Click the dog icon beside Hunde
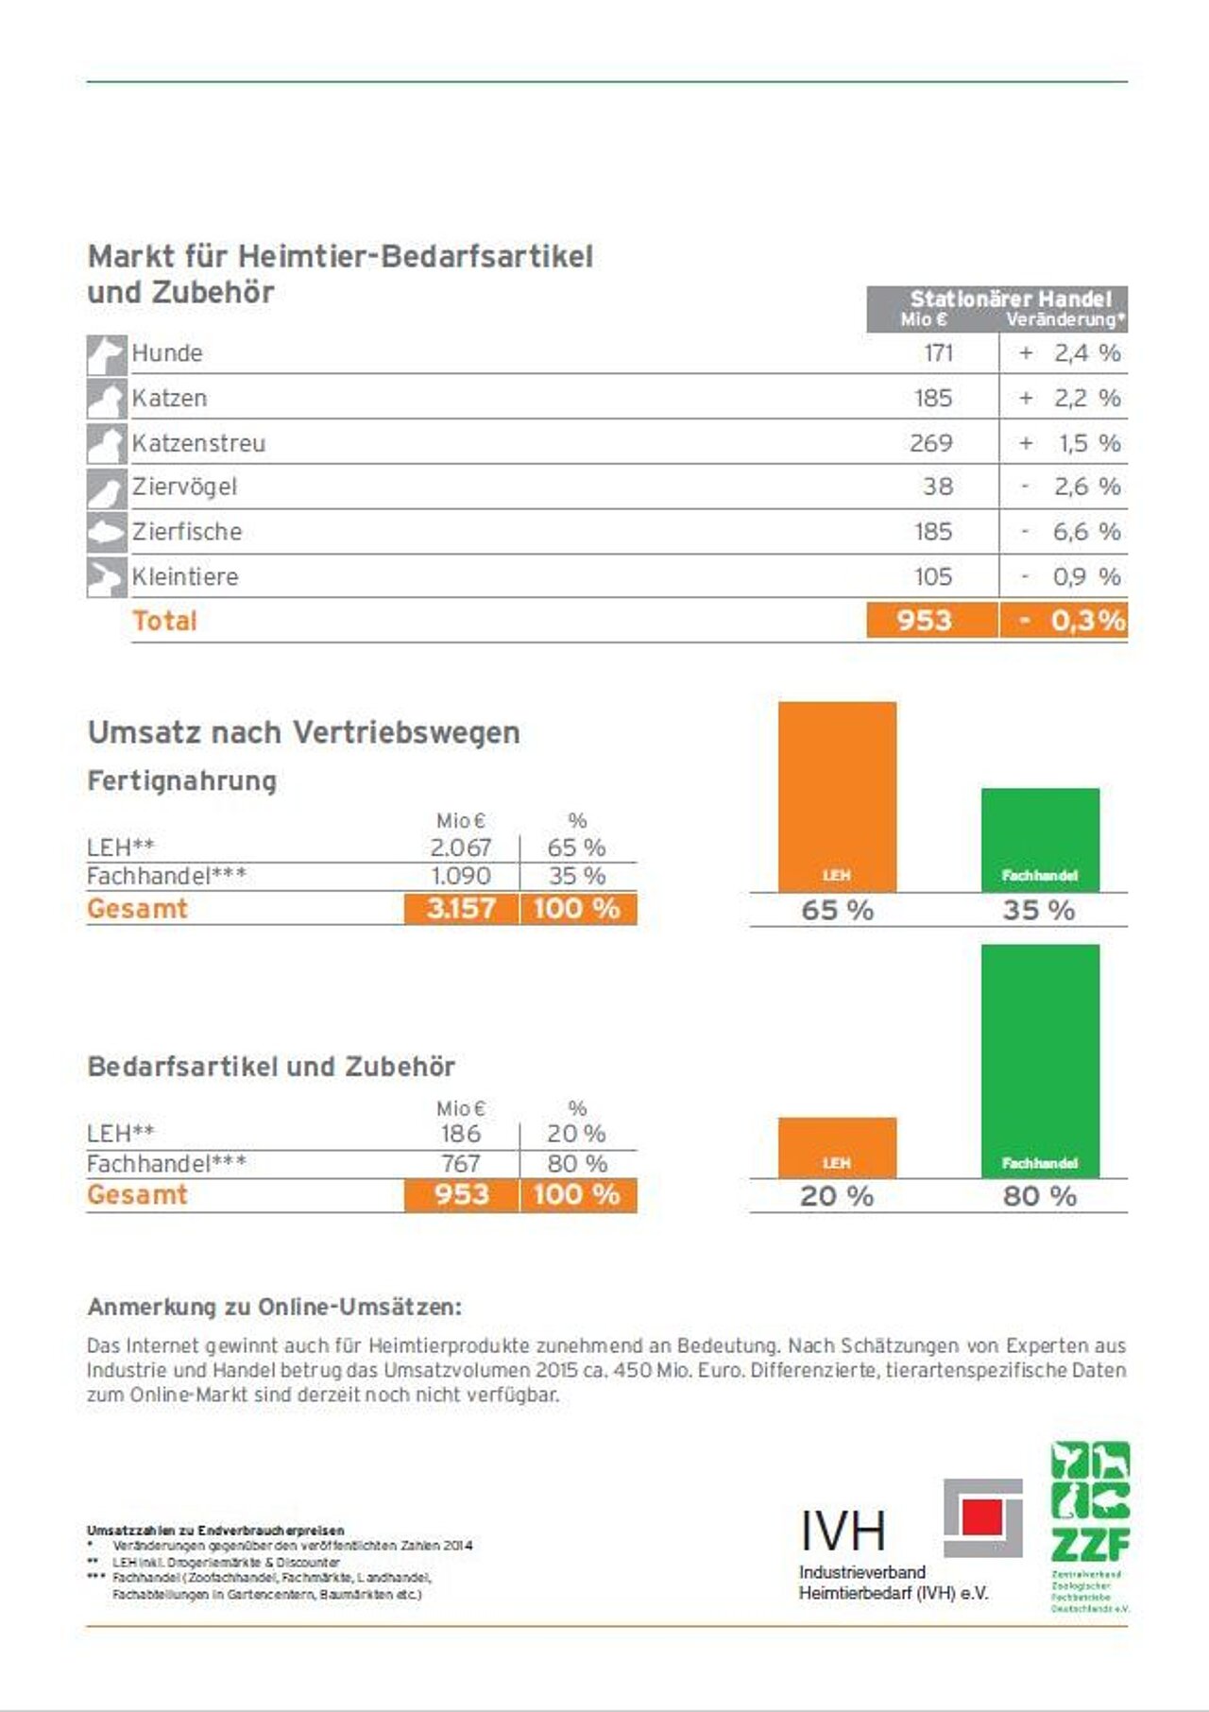106,354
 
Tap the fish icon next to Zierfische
106,532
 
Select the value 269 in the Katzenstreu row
930,442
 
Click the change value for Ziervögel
1072,487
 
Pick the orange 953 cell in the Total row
924,621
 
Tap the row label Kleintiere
185,576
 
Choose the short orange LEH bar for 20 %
837,1146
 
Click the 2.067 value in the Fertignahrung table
460,847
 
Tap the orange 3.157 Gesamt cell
461,909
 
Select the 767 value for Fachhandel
460,1163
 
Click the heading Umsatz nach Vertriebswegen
303,732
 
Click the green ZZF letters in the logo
1090,1545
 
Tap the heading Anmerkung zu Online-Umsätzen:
274,1307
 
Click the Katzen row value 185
932,398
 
